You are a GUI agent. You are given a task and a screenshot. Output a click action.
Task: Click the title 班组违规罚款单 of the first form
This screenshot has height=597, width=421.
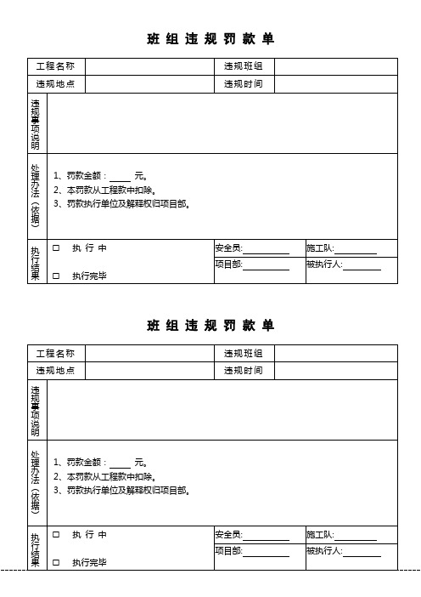(x=210, y=39)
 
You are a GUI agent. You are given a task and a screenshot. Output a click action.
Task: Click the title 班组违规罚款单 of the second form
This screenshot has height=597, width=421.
(x=210, y=326)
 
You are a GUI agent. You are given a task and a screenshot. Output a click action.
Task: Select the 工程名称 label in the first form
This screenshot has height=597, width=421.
(x=55, y=66)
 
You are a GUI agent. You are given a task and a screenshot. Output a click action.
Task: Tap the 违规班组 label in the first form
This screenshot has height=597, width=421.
(x=243, y=66)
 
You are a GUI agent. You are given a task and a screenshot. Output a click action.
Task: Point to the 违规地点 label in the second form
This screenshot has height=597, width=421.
(x=55, y=371)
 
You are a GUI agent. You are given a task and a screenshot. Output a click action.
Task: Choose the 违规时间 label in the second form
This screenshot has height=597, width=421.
(x=243, y=371)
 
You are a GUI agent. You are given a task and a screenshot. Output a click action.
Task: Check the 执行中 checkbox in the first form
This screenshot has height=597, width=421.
(x=56, y=248)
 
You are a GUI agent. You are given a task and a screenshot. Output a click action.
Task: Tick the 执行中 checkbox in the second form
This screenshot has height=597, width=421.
(x=56, y=535)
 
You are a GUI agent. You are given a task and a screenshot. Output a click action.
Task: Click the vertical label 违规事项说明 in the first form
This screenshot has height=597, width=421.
(x=36, y=123)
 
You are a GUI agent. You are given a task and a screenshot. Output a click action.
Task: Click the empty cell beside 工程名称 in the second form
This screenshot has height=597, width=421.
(x=148, y=353)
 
